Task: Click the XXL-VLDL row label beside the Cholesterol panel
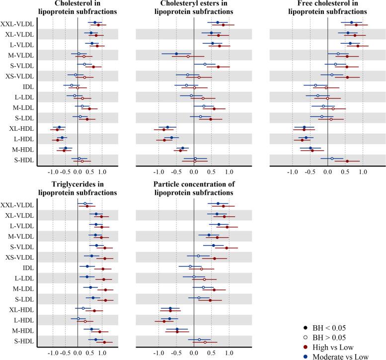[17, 24]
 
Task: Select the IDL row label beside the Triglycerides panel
[25, 268]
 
